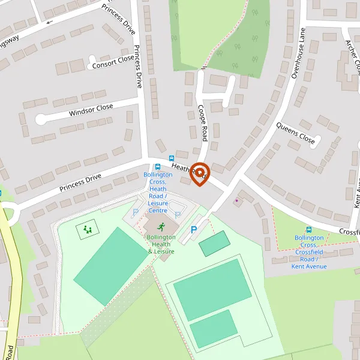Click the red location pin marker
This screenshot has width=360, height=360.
tap(200, 173)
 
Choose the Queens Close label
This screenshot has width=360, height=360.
tap(295, 133)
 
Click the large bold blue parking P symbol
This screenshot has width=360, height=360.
tap(193, 230)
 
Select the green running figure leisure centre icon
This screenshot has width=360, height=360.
tap(161, 226)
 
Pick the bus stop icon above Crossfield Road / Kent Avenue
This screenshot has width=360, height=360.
tap(309, 229)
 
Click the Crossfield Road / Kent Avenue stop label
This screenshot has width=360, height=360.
tap(309, 251)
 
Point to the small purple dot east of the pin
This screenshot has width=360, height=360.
tap(236, 200)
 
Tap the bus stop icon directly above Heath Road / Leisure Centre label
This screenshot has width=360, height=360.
tap(158, 167)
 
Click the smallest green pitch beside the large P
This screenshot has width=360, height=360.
tap(214, 243)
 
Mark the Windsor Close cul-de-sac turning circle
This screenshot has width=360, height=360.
tap(41, 119)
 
